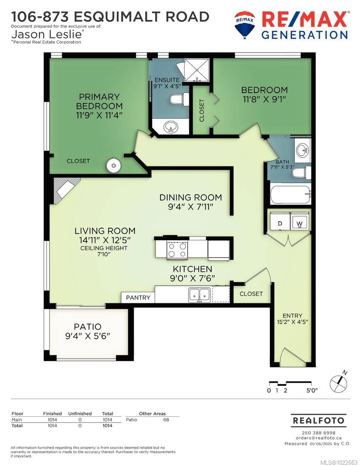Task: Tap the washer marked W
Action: point(299,224)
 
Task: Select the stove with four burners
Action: point(177,249)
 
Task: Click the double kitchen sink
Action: point(199,294)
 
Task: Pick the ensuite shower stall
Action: point(196,70)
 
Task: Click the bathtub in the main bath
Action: point(290,195)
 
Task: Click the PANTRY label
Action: point(138,297)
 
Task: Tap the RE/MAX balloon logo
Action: point(244,24)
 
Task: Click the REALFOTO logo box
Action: point(318,420)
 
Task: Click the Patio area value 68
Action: point(166,419)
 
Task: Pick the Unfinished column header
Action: point(80,413)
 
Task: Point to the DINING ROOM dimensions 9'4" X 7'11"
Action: point(191,207)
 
